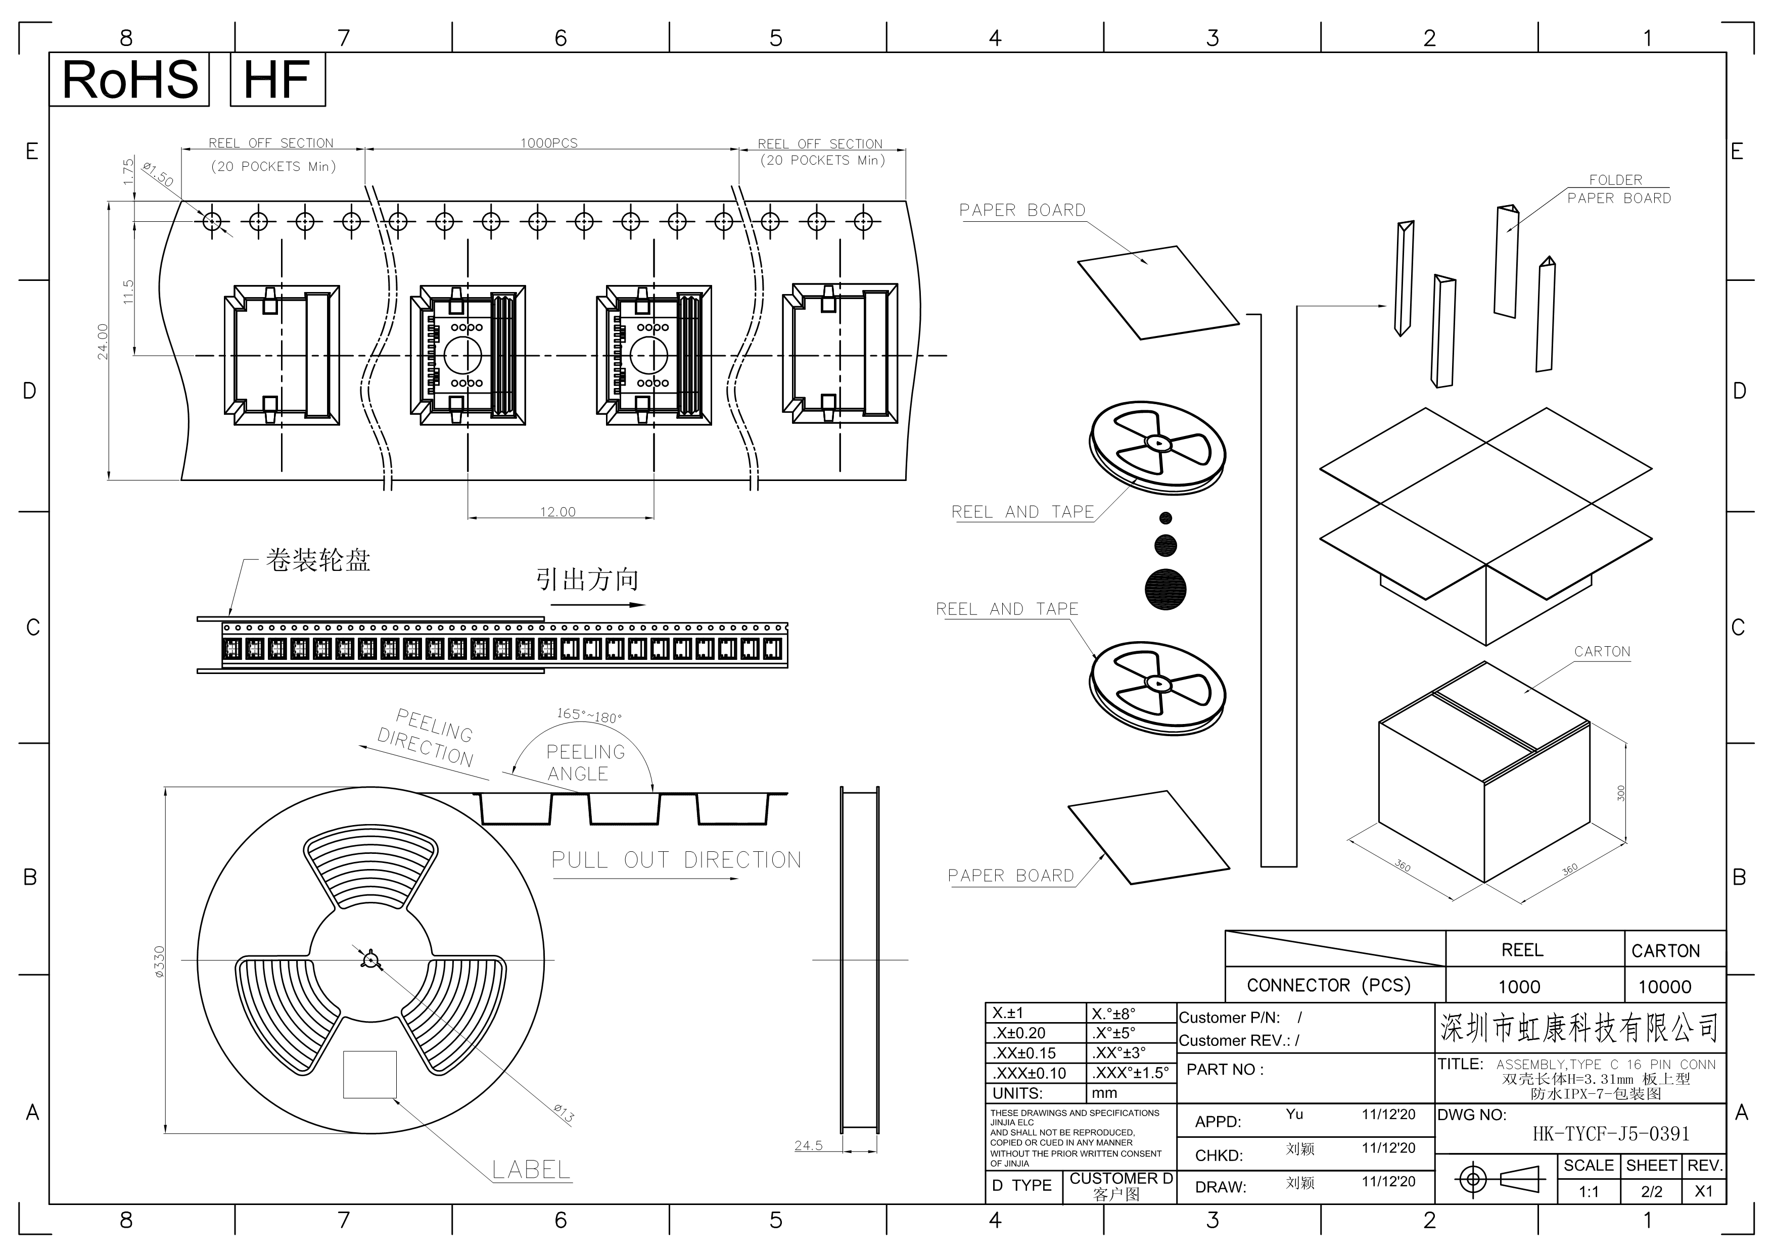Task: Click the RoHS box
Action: [x=129, y=79]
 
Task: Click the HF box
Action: [x=277, y=79]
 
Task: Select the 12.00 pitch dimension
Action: [x=557, y=512]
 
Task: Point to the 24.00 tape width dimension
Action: [x=103, y=341]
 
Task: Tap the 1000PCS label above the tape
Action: [x=549, y=143]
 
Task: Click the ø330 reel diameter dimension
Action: [x=159, y=962]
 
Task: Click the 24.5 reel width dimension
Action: [x=809, y=1146]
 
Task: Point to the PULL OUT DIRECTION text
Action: [x=676, y=860]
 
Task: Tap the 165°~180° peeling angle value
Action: [x=589, y=715]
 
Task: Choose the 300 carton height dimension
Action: [x=1621, y=793]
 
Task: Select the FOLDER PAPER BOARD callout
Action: [x=1618, y=189]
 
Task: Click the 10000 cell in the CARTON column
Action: [x=1664, y=987]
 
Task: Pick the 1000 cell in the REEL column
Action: [x=1519, y=987]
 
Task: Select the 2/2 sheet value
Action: [x=1652, y=1191]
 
